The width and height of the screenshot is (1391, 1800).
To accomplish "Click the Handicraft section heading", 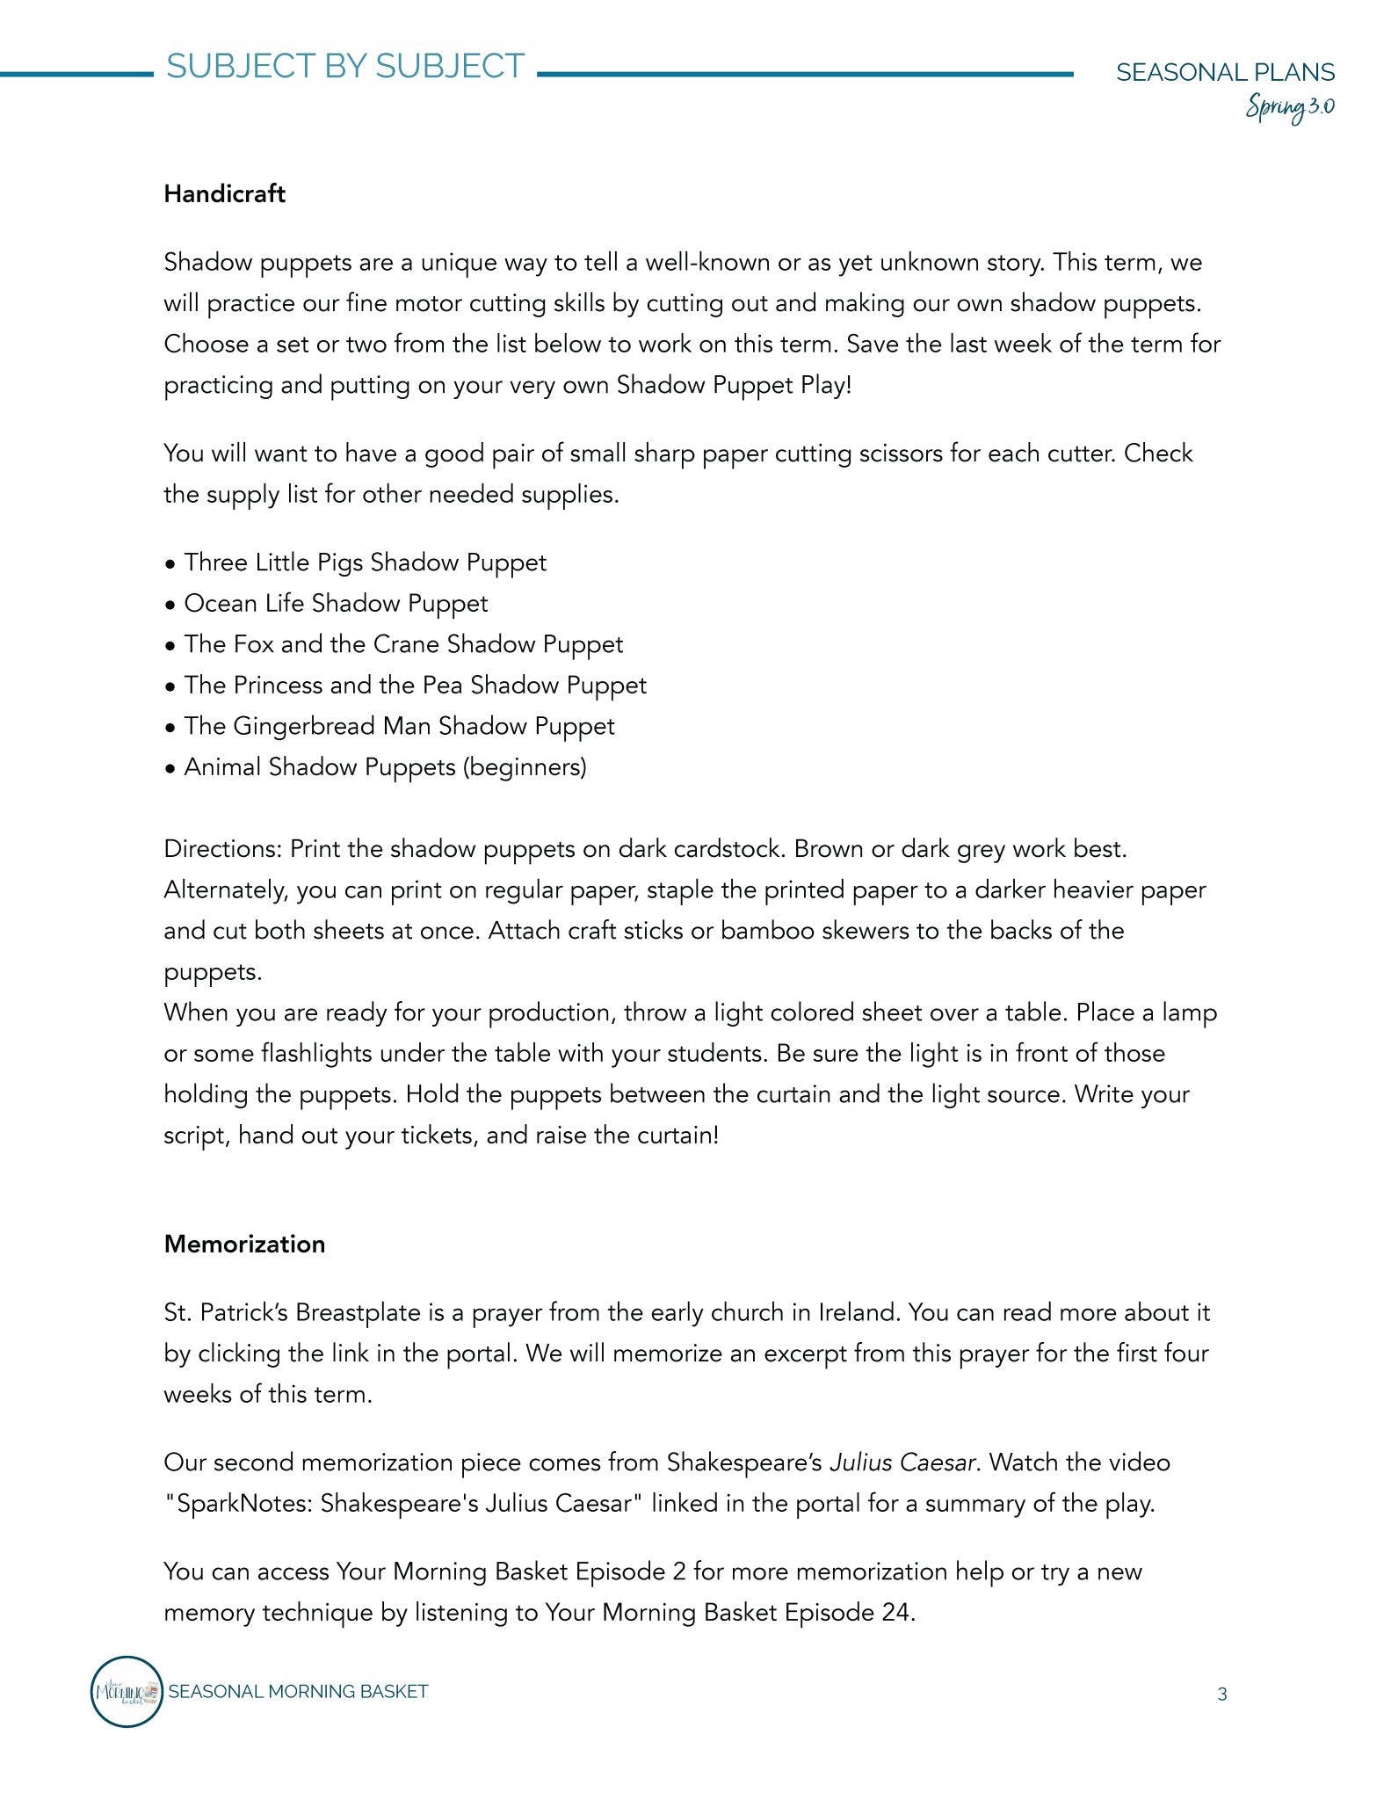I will [224, 194].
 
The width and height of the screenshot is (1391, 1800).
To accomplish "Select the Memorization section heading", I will [244, 1245].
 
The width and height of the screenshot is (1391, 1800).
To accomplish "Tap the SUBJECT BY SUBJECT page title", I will [345, 67].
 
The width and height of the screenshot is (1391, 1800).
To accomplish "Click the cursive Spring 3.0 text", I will [1290, 107].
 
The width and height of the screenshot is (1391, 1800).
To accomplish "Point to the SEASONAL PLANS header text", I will [1225, 72].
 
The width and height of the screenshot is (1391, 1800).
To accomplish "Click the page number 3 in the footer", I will [1221, 1695].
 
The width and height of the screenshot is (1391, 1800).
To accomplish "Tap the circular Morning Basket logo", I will [127, 1691].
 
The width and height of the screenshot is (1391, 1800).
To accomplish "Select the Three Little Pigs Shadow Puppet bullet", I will [365, 562].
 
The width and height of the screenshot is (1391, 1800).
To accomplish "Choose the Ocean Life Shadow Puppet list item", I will [336, 604].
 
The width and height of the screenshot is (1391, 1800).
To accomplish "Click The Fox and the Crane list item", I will [403, 644].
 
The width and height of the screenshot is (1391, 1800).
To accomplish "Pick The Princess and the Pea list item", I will [415, 686].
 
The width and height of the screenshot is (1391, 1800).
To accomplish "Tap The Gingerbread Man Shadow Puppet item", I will [399, 726].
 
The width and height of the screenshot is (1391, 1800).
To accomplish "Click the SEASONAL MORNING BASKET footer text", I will [298, 1692].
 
